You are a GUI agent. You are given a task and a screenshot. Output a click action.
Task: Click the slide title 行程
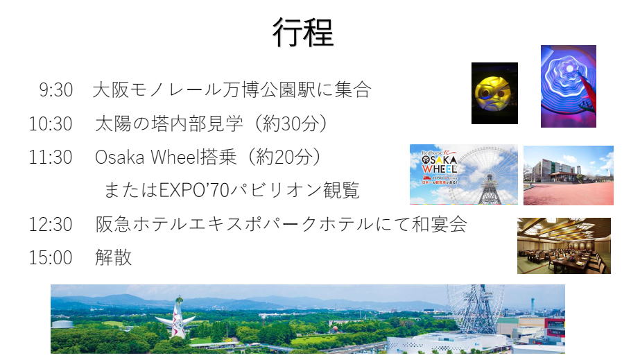click(303, 32)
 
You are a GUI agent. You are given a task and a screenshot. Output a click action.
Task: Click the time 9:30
click(56, 89)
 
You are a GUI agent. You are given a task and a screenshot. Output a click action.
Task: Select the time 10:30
click(51, 123)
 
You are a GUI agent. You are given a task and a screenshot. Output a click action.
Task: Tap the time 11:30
click(51, 157)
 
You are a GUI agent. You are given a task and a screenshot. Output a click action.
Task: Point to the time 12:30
click(51, 224)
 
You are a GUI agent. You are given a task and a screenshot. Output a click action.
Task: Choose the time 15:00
click(51, 257)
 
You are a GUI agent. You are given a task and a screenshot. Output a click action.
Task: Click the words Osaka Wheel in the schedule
click(146, 157)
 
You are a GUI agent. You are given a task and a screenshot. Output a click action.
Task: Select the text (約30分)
click(291, 123)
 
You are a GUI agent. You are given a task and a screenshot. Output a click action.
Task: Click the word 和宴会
click(439, 224)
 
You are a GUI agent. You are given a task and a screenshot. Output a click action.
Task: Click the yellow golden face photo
click(494, 94)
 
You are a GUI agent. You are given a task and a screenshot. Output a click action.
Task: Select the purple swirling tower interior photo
click(569, 87)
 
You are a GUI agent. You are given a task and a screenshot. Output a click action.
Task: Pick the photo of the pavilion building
click(569, 175)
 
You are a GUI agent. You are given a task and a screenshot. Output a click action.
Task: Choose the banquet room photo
click(564, 246)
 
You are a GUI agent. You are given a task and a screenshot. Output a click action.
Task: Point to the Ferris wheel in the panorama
click(474, 309)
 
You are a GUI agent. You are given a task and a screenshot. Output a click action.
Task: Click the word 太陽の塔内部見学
click(169, 123)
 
